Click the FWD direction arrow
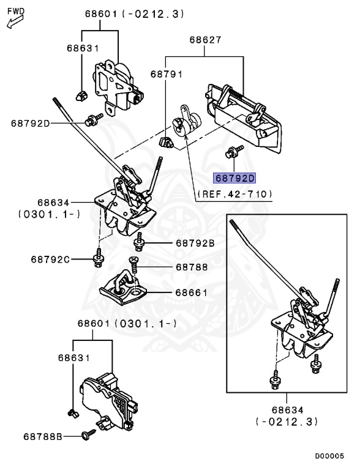tap(15, 22)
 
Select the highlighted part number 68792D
tap(234, 178)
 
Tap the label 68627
tap(205, 40)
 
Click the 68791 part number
tap(166, 74)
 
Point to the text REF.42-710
tap(235, 194)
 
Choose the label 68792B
tap(195, 243)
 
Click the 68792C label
tap(50, 259)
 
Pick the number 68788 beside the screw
tap(192, 267)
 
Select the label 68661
tap(192, 293)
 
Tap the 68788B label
tap(43, 437)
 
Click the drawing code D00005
tap(329, 456)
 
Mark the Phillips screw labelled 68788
tap(133, 264)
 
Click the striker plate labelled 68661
tap(123, 287)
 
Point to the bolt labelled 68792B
tap(138, 242)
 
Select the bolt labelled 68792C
tap(98, 258)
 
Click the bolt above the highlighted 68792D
tap(234, 151)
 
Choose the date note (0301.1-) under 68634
tap(49, 214)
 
